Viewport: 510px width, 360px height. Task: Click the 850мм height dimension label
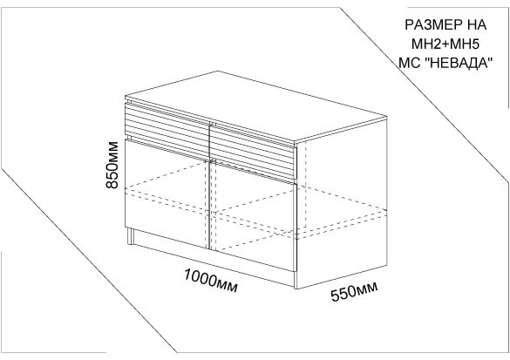pyautogui.click(x=112, y=165)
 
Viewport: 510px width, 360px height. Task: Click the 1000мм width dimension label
pyautogui.click(x=211, y=281)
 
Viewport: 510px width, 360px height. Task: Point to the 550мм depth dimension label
pyautogui.click(x=354, y=291)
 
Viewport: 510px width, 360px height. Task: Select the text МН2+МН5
pyautogui.click(x=445, y=44)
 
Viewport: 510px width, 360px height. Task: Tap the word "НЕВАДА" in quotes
pyautogui.click(x=459, y=63)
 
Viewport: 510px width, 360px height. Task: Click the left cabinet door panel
pyautogui.click(x=167, y=193)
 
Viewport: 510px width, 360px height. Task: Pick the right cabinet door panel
pyautogui.click(x=253, y=215)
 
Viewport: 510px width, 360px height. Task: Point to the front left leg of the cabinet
pyautogui.click(x=131, y=235)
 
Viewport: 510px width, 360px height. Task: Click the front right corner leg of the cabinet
pyautogui.click(x=296, y=279)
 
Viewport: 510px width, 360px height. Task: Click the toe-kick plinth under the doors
pyautogui.click(x=214, y=257)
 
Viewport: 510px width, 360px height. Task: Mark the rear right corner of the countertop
pyautogui.click(x=387, y=115)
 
